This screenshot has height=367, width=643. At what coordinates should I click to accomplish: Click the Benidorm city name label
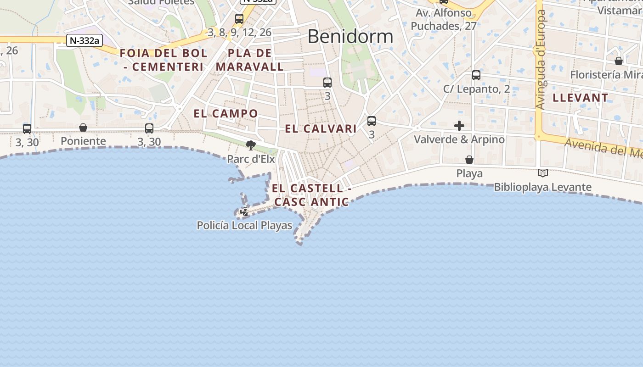tap(350, 36)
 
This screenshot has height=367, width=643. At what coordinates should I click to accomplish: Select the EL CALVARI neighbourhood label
tap(321, 129)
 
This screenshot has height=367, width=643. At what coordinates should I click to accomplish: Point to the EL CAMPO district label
tap(226, 113)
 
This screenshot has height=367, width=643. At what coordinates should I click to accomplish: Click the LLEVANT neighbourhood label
tap(581, 98)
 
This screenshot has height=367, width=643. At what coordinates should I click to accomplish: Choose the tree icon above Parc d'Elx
tap(251, 145)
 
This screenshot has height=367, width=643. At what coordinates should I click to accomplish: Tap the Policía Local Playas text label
tap(244, 225)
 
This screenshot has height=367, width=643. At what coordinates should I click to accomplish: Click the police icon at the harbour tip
tap(245, 211)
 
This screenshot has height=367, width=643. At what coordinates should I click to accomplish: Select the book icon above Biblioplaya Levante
tap(543, 173)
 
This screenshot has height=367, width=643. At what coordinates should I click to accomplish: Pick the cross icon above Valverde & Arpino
tap(459, 126)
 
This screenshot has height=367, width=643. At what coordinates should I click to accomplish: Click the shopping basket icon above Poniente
tap(83, 127)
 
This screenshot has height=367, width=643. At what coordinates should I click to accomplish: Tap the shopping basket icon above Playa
tap(469, 160)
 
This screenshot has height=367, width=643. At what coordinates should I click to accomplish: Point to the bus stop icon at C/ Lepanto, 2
tap(476, 75)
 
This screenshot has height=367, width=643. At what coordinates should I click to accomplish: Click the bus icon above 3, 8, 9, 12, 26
tap(239, 19)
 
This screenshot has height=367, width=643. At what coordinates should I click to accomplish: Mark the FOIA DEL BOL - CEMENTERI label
tap(164, 60)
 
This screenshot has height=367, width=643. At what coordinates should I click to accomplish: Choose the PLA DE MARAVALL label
tap(250, 60)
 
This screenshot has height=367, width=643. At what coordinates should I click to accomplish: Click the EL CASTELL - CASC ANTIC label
tap(311, 195)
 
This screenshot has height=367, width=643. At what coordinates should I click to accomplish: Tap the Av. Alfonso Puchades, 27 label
tap(443, 20)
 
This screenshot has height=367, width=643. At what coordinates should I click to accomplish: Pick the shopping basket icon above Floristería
tap(619, 61)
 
